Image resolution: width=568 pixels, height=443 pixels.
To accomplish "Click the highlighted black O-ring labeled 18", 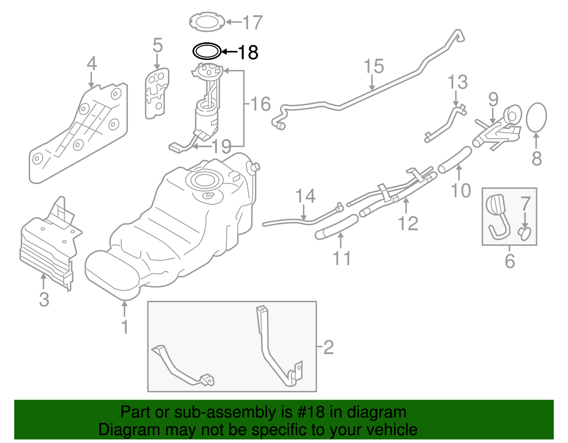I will (207, 51).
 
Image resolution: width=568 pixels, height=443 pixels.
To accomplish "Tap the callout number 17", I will (252, 22).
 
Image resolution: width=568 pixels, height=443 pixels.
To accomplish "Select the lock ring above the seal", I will (207, 22).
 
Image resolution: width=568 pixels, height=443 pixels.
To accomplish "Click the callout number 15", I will (374, 66).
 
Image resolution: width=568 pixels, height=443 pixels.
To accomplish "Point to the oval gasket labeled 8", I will (536, 117).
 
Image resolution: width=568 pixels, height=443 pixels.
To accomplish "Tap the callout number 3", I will (44, 299).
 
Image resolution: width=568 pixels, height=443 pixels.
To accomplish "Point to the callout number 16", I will (261, 104).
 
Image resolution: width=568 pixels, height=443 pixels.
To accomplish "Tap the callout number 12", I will (408, 223).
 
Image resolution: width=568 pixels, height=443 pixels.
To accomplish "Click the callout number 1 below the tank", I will (125, 327).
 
